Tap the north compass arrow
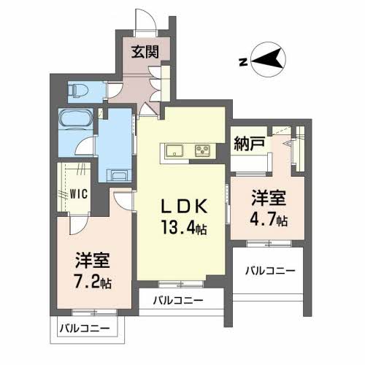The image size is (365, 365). [x=267, y=58]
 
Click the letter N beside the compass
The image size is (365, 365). [x=241, y=62]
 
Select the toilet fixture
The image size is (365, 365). [x=78, y=90]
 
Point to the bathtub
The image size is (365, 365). [x=74, y=119]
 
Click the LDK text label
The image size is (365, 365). [x=183, y=206]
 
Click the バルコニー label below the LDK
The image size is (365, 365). [x=177, y=299]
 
